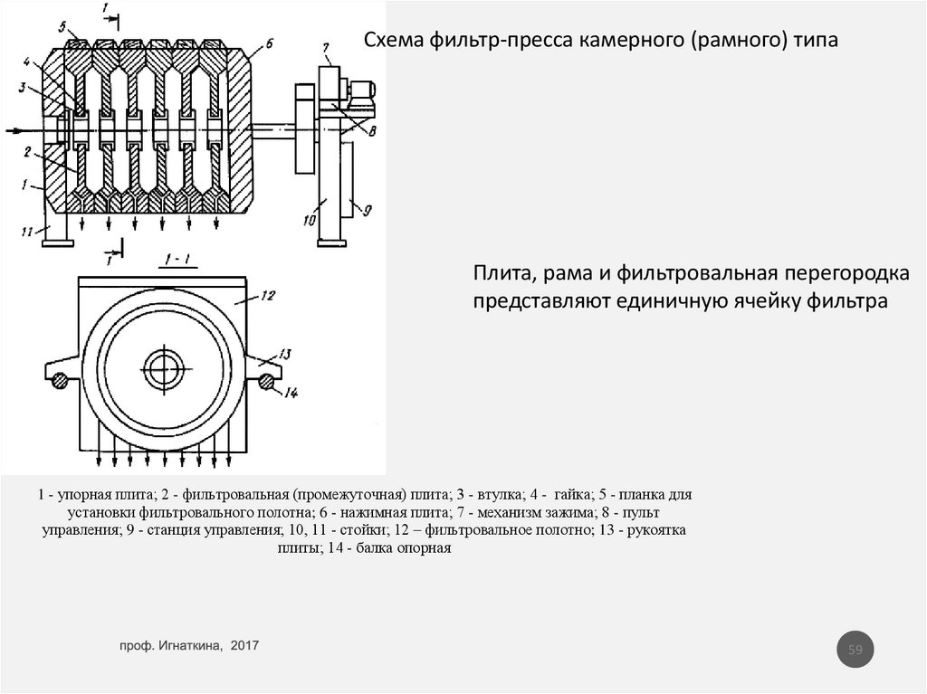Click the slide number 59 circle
855,650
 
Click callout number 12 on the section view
268,295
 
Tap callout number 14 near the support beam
291,392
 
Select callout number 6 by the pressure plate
268,42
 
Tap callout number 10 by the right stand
307,221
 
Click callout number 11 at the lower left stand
28,233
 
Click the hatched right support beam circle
266,382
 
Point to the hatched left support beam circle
60,382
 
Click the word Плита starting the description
494,274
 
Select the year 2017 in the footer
245,645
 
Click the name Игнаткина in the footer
191,645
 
